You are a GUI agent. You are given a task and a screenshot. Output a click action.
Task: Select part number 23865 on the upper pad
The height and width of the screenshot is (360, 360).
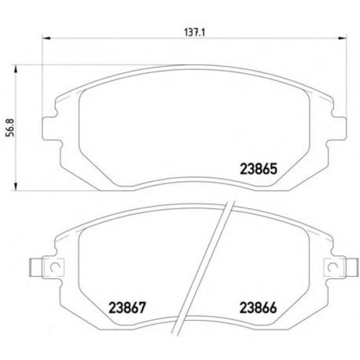[x=259, y=168]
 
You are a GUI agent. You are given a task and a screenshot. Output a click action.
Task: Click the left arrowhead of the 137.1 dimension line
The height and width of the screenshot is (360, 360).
[x=45, y=38]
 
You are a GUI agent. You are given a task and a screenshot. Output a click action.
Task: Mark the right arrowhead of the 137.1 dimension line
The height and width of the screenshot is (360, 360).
[x=344, y=38]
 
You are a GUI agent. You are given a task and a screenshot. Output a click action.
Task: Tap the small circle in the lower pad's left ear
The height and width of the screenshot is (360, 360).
[x=56, y=266]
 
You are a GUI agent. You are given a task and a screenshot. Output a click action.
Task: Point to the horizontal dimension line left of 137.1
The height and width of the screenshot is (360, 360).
[x=113, y=38]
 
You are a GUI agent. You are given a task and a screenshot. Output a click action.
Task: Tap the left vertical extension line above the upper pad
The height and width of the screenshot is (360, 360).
[x=42, y=77]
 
